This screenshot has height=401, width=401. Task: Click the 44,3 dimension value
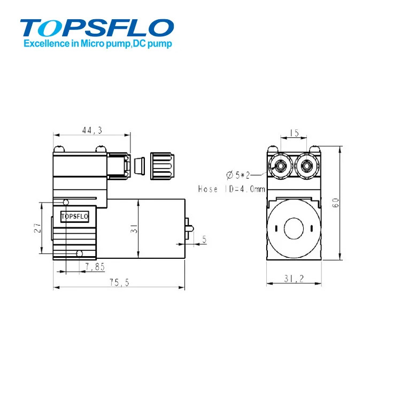pos(92,130)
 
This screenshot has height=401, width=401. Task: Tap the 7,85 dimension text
pos(94,266)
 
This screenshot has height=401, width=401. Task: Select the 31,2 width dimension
pos(295,278)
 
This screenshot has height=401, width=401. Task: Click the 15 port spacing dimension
pos(293,133)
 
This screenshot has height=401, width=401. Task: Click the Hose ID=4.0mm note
pos(231,189)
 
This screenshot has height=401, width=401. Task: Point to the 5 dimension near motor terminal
pos(204,240)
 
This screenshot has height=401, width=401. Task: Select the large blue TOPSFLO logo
pos(97,27)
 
